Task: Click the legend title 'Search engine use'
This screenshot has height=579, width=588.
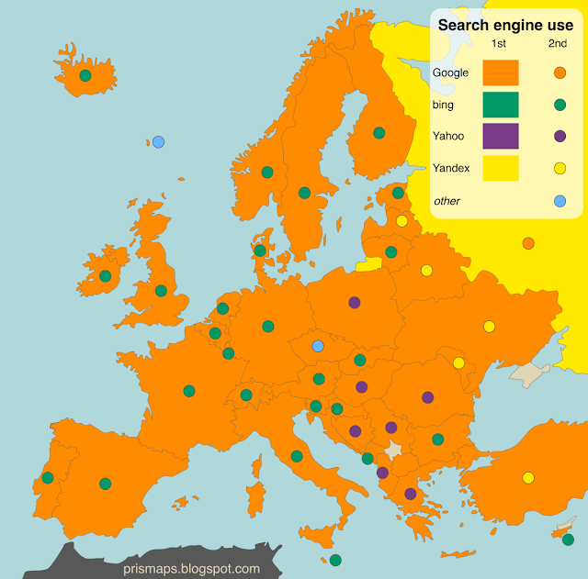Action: [505, 25]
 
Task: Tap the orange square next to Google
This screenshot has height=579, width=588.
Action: [501, 72]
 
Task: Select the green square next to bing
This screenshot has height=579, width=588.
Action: [501, 105]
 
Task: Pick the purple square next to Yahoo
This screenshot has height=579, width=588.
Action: [501, 137]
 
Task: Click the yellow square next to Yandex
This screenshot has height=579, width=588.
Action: [501, 168]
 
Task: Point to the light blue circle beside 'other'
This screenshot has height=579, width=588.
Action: [560, 201]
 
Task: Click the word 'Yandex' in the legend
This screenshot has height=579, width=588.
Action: [451, 168]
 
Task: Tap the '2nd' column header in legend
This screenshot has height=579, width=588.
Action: [558, 44]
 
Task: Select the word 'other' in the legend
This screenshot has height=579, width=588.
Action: [447, 201]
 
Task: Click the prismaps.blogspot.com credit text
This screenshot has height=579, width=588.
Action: [191, 569]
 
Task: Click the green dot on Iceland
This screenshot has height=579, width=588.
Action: [85, 76]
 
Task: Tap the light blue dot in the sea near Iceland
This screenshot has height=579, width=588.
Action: [158, 142]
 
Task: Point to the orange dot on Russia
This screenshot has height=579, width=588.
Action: [528, 243]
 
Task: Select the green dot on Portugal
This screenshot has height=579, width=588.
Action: [48, 477]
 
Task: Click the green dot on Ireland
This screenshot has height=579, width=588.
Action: [106, 275]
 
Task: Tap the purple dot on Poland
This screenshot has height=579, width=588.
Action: [355, 302]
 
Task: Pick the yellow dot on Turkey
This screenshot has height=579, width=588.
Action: [528, 477]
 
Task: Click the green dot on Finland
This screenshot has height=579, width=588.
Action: [379, 133]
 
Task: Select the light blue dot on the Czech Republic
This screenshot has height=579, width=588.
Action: [318, 346]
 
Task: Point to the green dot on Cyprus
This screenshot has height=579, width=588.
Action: [568, 539]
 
